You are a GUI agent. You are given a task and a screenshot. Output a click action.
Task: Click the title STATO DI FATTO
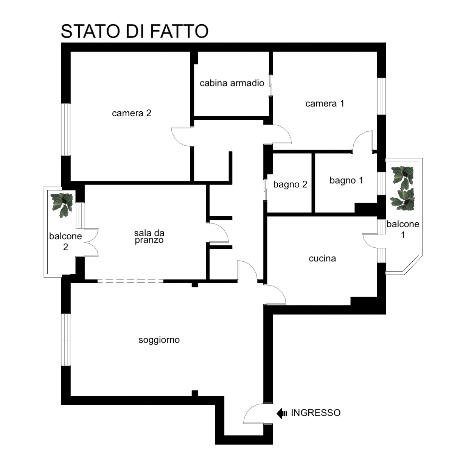134,31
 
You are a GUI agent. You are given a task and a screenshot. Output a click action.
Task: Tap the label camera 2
131,113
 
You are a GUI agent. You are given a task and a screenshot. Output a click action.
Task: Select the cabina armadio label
231,83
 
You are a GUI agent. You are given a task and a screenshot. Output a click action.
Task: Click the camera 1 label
325,103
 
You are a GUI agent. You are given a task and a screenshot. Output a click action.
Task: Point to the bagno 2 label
290,185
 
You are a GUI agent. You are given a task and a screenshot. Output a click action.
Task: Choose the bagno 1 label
346,181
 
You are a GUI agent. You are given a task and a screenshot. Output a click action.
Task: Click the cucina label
322,258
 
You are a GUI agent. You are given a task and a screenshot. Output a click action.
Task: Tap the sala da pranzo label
149,236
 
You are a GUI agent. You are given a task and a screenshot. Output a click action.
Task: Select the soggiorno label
159,340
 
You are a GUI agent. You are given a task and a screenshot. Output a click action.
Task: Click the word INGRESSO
315,412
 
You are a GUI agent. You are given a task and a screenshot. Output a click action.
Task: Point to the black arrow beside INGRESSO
281,414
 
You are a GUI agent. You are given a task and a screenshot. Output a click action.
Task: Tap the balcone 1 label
402,229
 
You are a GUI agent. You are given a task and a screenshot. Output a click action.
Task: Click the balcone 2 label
65,241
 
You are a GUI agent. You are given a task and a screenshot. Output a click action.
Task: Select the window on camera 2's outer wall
66,130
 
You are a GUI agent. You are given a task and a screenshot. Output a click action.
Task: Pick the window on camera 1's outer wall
381,96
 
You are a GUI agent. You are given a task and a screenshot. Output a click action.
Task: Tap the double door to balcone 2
91,242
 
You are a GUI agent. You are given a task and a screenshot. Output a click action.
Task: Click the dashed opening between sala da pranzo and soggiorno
130,281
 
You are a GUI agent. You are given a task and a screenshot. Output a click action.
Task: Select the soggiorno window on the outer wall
66,340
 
